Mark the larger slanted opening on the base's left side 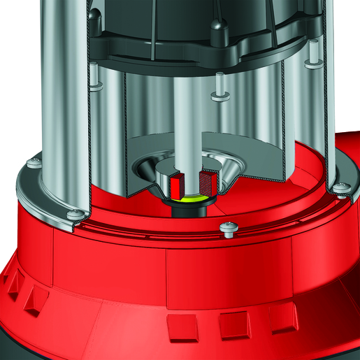point(31,300)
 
